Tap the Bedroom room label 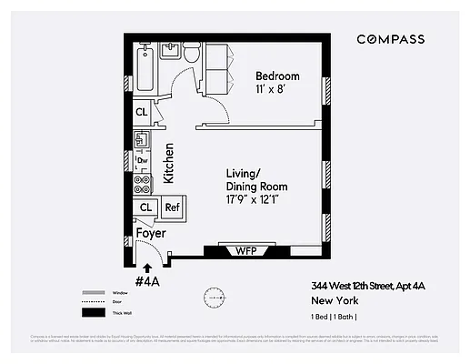pos(277,76)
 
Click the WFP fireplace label pos(243,249)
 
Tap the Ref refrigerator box pos(172,208)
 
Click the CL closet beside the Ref pos(145,208)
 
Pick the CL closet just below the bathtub pos(142,112)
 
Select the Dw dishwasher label pos(142,161)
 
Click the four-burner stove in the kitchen pos(142,183)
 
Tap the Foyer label pos(151,233)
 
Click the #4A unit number pos(147,281)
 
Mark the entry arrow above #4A pos(147,266)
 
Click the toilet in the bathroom pos(190,56)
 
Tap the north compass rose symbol pos(215,297)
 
